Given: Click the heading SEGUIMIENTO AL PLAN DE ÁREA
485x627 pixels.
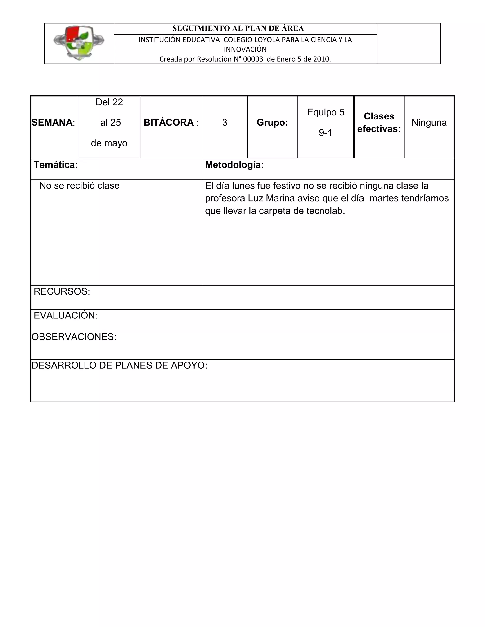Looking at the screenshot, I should tap(238, 28).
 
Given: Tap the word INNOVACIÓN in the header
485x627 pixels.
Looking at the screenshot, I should tap(245, 49).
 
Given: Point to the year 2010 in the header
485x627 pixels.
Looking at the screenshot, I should tap(321, 59).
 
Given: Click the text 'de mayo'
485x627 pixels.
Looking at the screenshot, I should tap(109, 143).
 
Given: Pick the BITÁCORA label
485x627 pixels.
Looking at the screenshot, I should tap(169, 123).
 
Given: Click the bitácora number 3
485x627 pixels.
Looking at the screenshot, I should tap(225, 123).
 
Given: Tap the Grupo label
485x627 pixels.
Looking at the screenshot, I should tap(272, 123).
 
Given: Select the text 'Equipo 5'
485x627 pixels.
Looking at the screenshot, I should tap(326, 112).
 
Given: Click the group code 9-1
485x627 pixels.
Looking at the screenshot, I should tap(326, 133).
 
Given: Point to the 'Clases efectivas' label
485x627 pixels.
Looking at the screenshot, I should tap(379, 123).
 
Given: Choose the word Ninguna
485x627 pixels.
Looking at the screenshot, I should tap(429, 123).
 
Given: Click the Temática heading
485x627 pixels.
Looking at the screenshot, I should tap(56, 165).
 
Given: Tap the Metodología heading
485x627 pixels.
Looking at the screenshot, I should tap(234, 165).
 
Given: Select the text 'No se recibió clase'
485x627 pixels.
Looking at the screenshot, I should tap(79, 186).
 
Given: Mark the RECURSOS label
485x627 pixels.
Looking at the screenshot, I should tap(62, 291).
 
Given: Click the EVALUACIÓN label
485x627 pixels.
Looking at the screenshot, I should tap(66, 315).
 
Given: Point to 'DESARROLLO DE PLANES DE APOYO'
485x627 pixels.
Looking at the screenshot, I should tap(119, 366).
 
